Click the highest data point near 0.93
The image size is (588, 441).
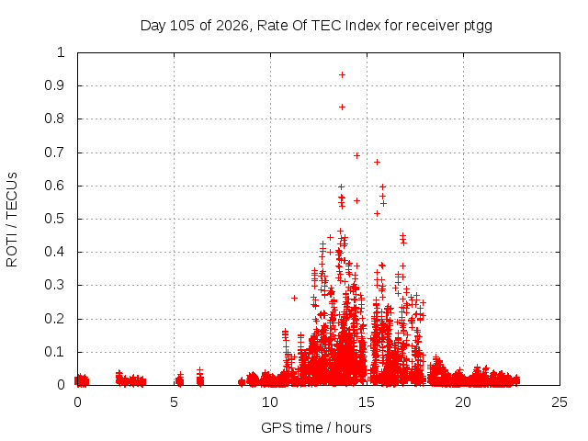point(342,75)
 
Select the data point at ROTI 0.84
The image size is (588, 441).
point(342,107)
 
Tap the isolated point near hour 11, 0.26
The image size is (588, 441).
point(294,298)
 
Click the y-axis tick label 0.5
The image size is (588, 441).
point(54,219)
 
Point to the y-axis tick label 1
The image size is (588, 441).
point(61,52)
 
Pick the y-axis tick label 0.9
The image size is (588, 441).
point(54,85)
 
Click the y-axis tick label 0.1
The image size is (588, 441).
point(54,352)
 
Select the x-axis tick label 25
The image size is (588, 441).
point(560,402)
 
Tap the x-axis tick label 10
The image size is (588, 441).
point(270,402)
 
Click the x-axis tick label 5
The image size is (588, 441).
point(174,402)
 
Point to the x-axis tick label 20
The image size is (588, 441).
point(463,402)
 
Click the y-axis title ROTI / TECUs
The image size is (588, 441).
point(12,220)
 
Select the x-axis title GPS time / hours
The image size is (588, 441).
point(316,427)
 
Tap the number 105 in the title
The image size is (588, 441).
point(182,26)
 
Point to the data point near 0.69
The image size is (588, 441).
point(356,155)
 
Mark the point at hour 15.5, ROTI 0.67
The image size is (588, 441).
point(378,162)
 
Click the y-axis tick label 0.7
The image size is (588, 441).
point(54,153)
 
